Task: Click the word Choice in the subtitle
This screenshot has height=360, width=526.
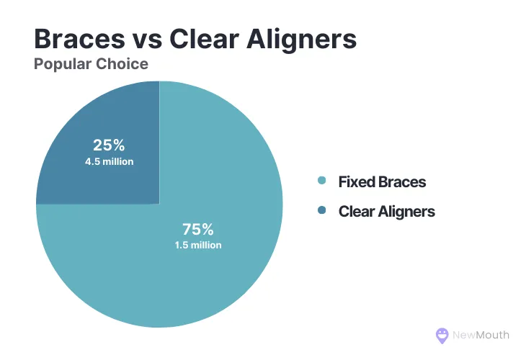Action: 123,64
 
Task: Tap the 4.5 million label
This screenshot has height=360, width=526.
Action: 108,161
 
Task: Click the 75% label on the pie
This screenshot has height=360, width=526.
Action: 197,230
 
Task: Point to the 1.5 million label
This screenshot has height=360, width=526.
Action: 197,246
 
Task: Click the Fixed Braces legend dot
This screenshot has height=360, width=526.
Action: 321,181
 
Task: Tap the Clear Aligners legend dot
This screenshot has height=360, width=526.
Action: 321,211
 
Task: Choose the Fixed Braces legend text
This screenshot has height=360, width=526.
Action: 382,181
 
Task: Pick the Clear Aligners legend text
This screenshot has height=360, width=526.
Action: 386,211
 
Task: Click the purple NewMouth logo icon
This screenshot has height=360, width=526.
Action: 442,335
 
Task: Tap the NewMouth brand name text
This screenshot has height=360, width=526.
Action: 481,335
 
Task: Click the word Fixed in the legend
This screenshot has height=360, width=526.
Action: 356,181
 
